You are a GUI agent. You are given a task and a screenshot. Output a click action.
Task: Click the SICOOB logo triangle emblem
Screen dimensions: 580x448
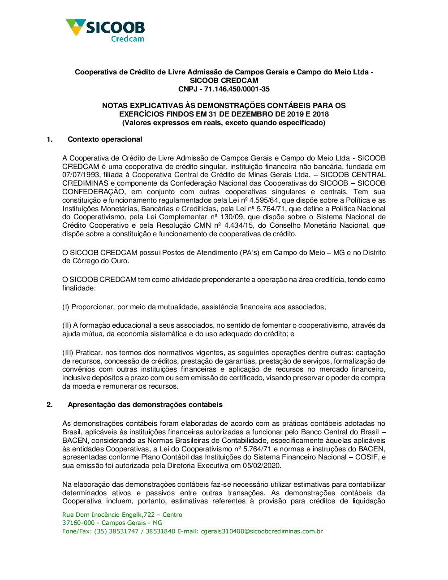[x=75, y=26]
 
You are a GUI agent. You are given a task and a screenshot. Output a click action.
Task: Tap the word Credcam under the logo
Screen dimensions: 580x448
[x=128, y=39]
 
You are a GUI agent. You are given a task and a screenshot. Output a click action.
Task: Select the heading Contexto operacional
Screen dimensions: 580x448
[x=105, y=139]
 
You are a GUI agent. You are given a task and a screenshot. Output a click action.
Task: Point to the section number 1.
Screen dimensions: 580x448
[x=49, y=139]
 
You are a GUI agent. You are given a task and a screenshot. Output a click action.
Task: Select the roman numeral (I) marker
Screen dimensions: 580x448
[x=65, y=307]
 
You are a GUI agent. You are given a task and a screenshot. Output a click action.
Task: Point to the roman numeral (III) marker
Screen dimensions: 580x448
[x=68, y=353]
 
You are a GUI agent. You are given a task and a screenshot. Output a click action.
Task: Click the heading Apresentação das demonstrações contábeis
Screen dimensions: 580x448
[x=145, y=405]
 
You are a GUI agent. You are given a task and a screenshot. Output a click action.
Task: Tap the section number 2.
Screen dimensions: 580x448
[x=49, y=405]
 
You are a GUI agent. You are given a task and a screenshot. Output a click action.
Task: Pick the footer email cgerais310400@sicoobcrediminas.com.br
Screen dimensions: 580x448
[x=262, y=532]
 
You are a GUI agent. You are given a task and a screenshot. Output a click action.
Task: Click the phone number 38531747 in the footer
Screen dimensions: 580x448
[x=124, y=532]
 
